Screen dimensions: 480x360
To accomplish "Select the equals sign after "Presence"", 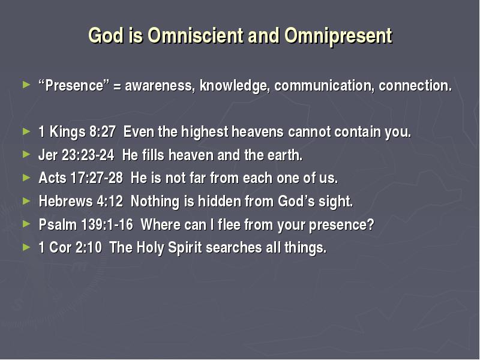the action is click(x=117, y=86).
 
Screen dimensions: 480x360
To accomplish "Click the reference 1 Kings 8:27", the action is click(x=77, y=132).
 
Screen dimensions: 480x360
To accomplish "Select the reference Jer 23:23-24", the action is click(x=76, y=155).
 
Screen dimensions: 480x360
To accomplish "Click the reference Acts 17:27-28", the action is click(x=81, y=178).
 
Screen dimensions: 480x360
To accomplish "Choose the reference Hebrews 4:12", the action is click(x=81, y=201).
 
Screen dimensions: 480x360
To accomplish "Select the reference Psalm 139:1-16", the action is click(x=86, y=224).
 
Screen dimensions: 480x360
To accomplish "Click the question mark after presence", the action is click(x=371, y=224).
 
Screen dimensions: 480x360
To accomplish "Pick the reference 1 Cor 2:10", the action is click(x=70, y=247).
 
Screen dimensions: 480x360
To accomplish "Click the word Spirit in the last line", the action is click(x=185, y=248).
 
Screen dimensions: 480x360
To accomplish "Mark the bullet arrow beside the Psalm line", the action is click(x=26, y=224).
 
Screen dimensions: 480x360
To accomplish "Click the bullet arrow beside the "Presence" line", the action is click(x=26, y=85).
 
